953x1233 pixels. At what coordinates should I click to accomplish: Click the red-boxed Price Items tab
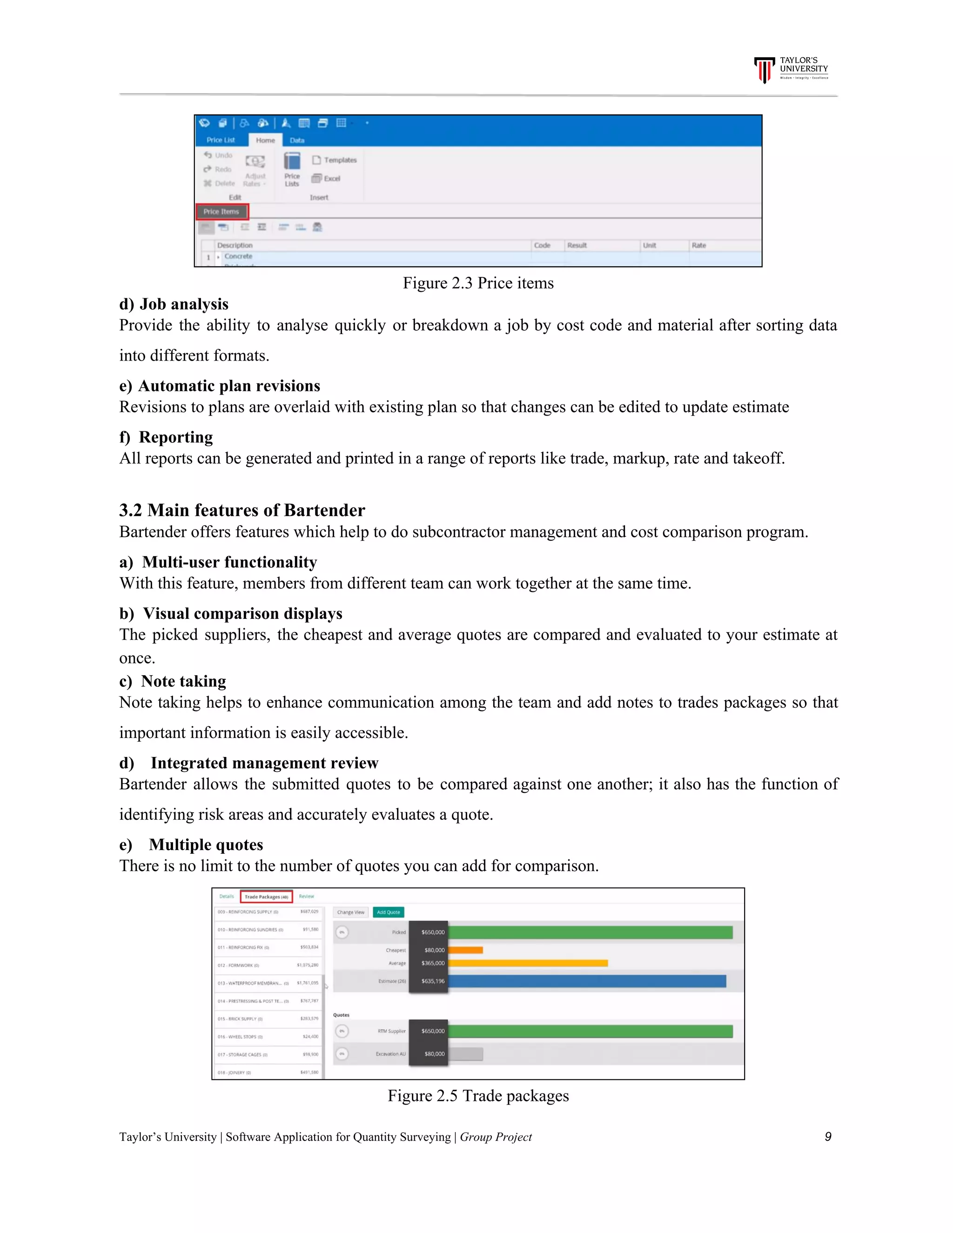pyautogui.click(x=221, y=212)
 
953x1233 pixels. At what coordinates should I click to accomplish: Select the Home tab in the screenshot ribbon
pyautogui.click(x=265, y=140)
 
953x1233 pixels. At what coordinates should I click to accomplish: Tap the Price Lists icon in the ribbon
pyautogui.click(x=292, y=168)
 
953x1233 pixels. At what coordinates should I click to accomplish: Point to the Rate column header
pyautogui.click(x=698, y=246)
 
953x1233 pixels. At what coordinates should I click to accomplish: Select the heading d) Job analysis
pyautogui.click(x=174, y=304)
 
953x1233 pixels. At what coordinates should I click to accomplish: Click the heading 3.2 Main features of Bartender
pyautogui.click(x=242, y=510)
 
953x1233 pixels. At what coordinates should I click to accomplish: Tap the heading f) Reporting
pyautogui.click(x=167, y=437)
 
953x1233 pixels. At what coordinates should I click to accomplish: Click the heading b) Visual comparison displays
pyautogui.click(x=231, y=614)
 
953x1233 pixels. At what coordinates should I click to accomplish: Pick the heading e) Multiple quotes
pyautogui.click(x=191, y=845)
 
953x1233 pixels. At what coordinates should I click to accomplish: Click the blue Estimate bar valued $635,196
pyautogui.click(x=587, y=981)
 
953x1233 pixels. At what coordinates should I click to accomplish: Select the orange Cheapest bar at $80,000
pyautogui.click(x=466, y=950)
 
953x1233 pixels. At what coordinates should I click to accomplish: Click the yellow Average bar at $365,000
pyautogui.click(x=528, y=963)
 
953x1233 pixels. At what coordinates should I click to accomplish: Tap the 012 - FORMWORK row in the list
pyautogui.click(x=268, y=965)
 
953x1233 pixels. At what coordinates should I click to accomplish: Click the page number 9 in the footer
pyautogui.click(x=828, y=1137)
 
